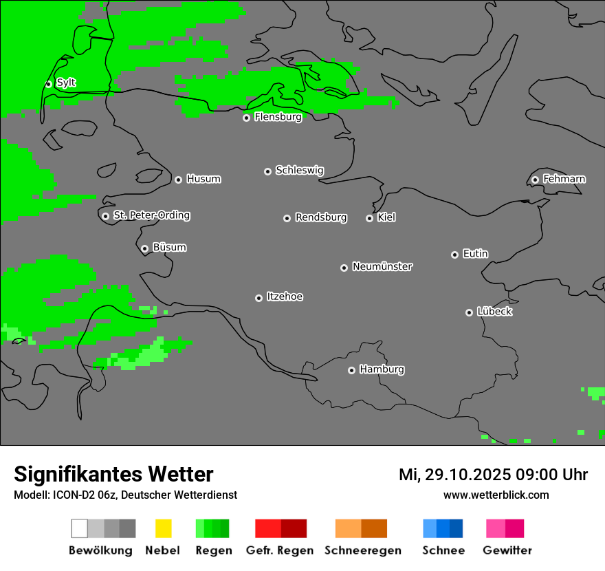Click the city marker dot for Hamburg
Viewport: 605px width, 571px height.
[351, 370]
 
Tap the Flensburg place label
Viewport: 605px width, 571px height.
[278, 117]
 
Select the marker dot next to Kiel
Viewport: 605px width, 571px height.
[369, 218]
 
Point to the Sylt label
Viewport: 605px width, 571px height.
[66, 83]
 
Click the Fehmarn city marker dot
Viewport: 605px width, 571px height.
[535, 180]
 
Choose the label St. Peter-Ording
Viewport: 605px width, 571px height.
[151, 215]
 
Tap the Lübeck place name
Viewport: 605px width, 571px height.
[494, 312]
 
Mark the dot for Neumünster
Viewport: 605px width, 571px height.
[344, 268]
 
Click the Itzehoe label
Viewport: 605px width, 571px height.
[285, 297]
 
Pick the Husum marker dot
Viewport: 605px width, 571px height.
[178, 180]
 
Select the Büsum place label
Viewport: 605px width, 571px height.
[169, 247]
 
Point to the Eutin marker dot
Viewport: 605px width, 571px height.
[454, 255]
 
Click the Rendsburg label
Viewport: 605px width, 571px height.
[321, 217]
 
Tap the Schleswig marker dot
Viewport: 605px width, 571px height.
[267, 171]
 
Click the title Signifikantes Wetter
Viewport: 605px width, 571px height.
[113, 474]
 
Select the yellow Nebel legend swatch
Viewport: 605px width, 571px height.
[163, 528]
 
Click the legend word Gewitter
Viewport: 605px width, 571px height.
[507, 550]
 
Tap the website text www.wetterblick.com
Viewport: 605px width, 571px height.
[496, 495]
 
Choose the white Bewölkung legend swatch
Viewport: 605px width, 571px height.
[80, 528]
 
